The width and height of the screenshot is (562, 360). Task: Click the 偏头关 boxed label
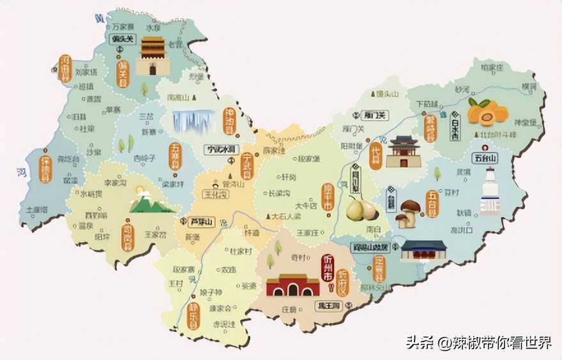tap(123, 39)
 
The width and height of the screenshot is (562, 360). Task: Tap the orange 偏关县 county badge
tap(123, 73)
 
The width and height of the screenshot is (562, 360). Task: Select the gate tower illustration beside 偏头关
tap(153, 56)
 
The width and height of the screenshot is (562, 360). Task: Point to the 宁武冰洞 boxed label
tap(222, 149)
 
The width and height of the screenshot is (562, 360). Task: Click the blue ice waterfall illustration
tap(193, 121)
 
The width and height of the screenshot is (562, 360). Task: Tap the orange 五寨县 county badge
tap(175, 156)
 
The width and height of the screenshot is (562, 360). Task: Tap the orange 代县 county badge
tap(376, 156)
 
